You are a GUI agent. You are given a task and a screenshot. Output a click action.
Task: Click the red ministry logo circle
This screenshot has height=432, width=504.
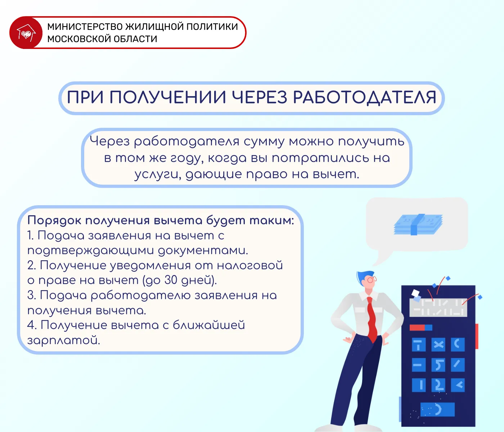pos(26,33)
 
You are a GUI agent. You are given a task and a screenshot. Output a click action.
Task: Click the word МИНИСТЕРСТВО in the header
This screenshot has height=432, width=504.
pos(85,27)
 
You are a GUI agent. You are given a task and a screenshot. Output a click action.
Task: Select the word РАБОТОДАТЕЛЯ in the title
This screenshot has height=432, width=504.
pos(365,98)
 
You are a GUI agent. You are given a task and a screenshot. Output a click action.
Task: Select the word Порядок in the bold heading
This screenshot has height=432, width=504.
pos(54,221)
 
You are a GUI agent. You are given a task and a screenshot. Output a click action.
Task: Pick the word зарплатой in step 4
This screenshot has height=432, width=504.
pos(63,340)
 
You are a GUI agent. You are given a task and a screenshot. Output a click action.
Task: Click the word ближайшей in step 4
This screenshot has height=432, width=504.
pos(209,325)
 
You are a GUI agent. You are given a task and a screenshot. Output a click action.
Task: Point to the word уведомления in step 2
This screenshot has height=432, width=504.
pos(150,265)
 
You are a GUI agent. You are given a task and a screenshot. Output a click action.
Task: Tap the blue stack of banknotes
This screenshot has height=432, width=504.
pos(418,224)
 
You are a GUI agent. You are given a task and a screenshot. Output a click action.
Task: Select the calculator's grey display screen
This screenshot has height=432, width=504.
pos(438,307)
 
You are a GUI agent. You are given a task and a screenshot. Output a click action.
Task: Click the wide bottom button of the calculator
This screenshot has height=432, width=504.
pos(437,409)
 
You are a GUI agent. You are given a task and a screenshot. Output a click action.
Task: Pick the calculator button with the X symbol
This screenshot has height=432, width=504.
pos(438,345)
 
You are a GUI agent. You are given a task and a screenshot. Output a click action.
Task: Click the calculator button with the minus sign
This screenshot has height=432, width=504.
pos(419,365)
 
